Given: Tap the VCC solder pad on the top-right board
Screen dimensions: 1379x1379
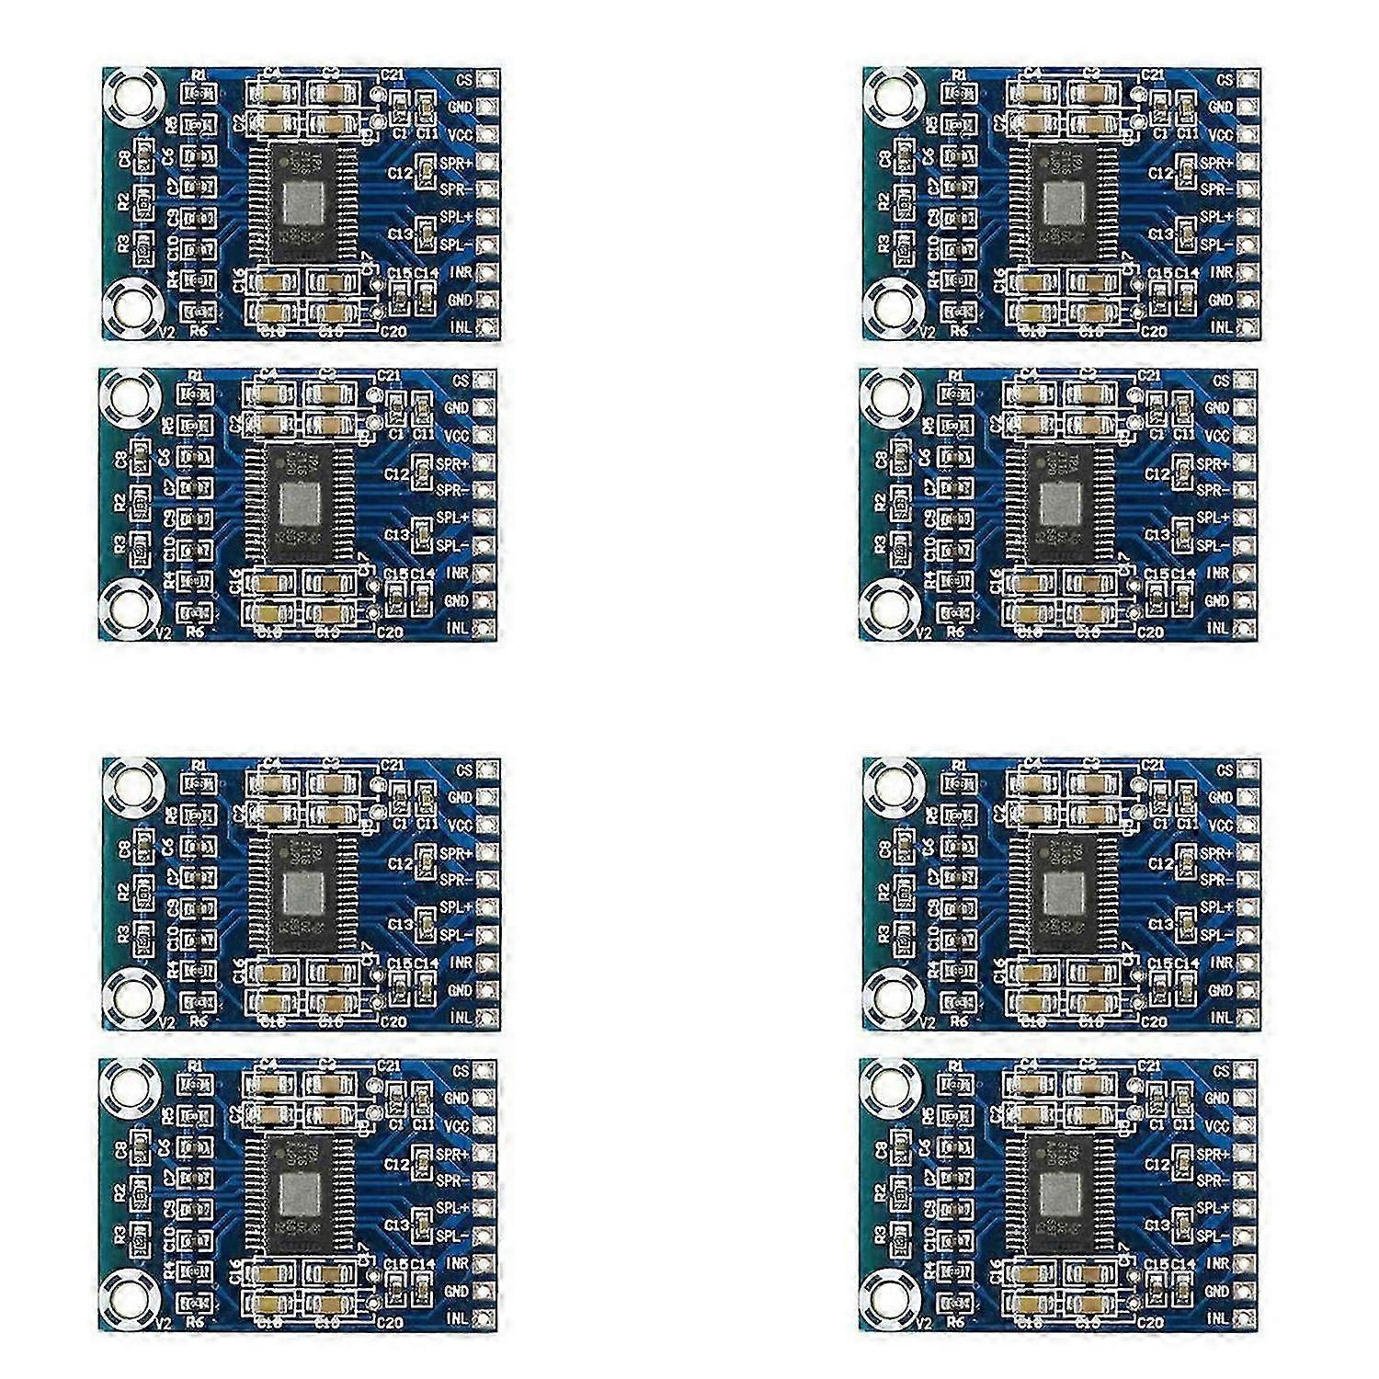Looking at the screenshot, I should coord(1248,135).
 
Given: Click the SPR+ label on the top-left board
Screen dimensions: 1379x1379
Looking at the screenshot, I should coord(455,162).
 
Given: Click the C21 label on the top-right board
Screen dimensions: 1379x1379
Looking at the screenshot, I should coord(1153,74).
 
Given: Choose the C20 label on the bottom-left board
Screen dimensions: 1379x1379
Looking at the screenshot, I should coord(391,1323).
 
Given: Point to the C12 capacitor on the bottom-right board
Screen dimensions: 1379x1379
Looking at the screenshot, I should coord(1183,1162).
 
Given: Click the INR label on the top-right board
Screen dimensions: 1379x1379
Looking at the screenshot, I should coord(1221,272).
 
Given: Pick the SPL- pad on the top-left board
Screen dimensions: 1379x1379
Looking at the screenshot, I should coord(487,245).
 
